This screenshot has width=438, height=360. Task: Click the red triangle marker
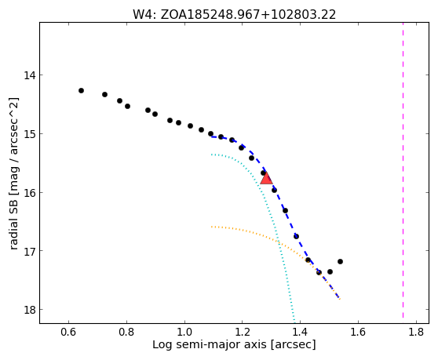(266, 179)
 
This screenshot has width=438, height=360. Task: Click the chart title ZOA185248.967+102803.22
(248, 15)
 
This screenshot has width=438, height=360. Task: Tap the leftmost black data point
(81, 90)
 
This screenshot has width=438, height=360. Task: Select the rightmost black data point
(340, 261)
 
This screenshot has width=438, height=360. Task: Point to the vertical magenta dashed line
(403, 170)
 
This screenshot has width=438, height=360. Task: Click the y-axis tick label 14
(29, 75)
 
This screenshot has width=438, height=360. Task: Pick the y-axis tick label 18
(29, 310)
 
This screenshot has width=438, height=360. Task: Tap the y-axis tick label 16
(29, 193)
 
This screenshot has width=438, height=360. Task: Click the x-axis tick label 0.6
(68, 332)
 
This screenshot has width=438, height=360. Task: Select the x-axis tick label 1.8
(416, 332)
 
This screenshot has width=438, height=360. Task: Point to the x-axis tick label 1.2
(243, 332)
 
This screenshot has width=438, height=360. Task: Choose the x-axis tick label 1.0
(184, 332)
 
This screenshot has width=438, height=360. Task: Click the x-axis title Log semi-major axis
(210, 345)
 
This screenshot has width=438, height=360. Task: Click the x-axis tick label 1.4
(300, 332)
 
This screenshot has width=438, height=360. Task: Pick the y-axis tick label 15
(29, 134)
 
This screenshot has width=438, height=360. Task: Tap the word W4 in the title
(142, 15)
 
